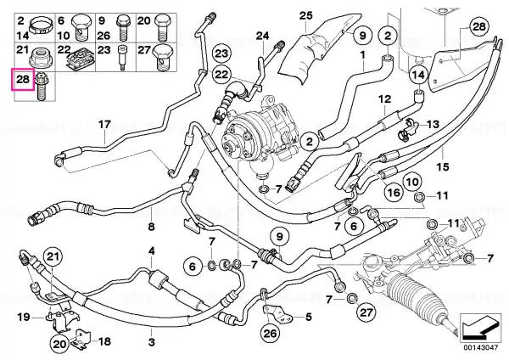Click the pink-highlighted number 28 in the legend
click(x=23, y=79)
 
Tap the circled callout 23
click(x=221, y=54)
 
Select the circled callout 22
click(x=221, y=75)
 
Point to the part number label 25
click(x=305, y=15)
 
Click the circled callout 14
click(x=418, y=76)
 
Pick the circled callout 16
click(x=394, y=193)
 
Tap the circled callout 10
click(x=412, y=182)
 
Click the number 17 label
click(x=104, y=125)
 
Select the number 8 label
click(x=151, y=227)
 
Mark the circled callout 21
click(x=53, y=257)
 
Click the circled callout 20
click(x=59, y=344)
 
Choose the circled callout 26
click(x=270, y=333)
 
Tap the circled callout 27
click(x=366, y=312)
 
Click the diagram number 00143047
click(x=480, y=347)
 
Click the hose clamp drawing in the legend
click(x=41, y=25)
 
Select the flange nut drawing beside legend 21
click(x=40, y=57)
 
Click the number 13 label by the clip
click(x=433, y=124)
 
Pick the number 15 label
click(x=443, y=167)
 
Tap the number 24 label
click(x=262, y=36)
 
